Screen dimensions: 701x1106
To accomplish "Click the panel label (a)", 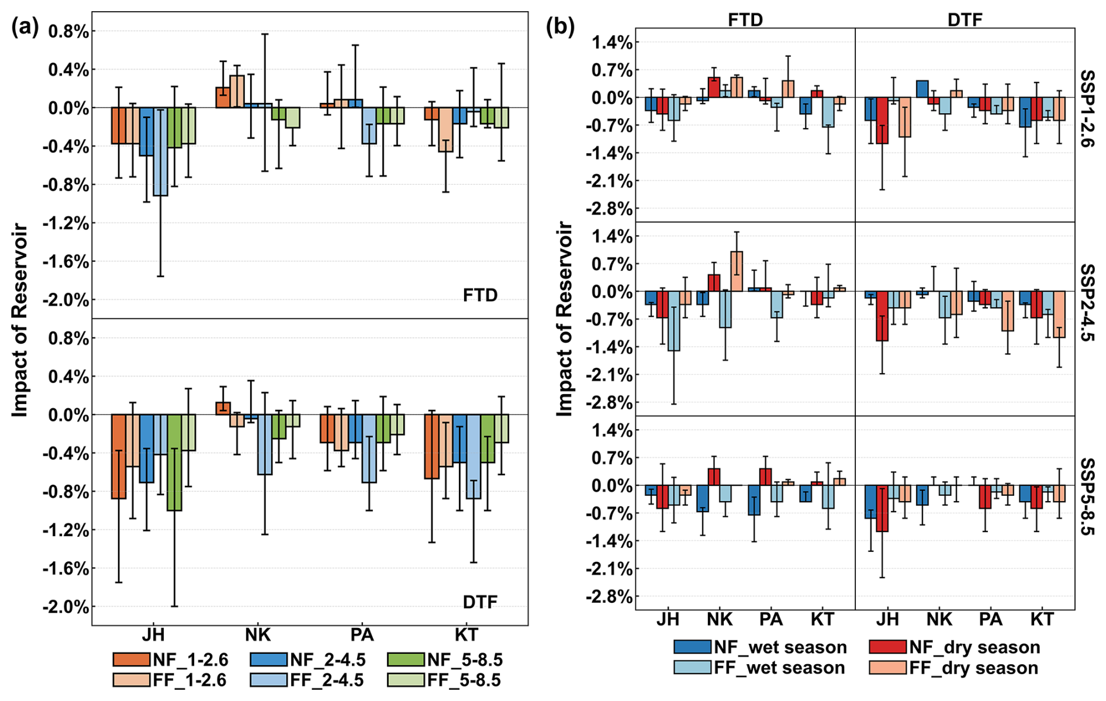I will (x=25, y=28).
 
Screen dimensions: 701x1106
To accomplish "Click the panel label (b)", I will (x=559, y=27).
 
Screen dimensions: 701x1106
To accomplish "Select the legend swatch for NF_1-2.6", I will (x=131, y=659).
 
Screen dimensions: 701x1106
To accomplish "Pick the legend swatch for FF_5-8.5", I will (x=405, y=680).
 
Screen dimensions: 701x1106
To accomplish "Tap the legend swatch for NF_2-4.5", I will (x=268, y=659).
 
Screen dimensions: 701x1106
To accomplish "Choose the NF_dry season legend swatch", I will (x=887, y=647).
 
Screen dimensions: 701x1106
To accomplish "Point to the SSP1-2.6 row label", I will (x=1088, y=108).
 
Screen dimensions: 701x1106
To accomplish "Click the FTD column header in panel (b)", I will (x=745, y=20).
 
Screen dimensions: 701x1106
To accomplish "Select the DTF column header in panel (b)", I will (x=965, y=20).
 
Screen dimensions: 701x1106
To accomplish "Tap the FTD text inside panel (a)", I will (x=480, y=295).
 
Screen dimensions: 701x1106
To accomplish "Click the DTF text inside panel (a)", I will (x=480, y=602).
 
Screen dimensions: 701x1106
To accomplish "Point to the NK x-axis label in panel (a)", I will (x=257, y=635).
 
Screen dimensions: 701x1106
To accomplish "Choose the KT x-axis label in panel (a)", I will (x=466, y=635).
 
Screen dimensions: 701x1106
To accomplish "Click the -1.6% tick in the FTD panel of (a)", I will (x=65, y=262).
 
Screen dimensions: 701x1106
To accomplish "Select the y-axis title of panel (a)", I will (x=20, y=320).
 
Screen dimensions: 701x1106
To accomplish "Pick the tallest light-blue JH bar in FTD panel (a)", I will (x=160, y=152).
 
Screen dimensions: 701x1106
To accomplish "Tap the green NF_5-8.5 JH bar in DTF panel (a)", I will (x=174, y=462).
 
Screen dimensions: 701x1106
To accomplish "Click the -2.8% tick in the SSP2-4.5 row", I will (x=611, y=403).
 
